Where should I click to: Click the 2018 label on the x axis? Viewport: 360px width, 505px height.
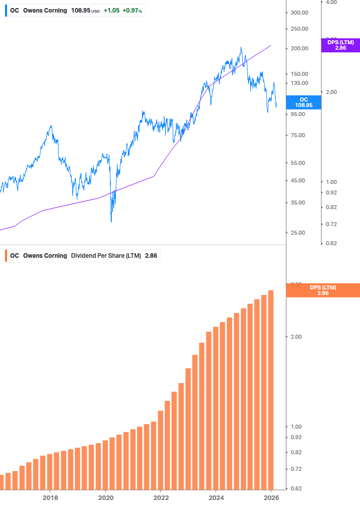tap(50, 497)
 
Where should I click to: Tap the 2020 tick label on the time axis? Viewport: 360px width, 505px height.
tap(105, 497)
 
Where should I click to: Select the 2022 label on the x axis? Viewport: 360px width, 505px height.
tap(161, 497)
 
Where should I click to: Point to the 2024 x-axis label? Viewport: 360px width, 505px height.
tap(216, 497)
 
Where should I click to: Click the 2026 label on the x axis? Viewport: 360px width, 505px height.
tap(271, 497)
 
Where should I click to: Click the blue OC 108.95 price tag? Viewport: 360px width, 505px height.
tap(303, 103)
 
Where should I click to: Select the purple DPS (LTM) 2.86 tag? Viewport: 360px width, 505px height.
tap(340, 45)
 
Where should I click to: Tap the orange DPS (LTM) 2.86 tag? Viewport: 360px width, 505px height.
tap(323, 290)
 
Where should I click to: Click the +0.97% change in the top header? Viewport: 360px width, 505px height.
tap(132, 11)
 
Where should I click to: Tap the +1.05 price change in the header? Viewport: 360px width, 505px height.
tap(111, 11)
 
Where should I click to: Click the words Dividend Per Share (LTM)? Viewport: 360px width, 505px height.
tap(106, 256)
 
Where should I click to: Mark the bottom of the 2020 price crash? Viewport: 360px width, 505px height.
tap(111, 221)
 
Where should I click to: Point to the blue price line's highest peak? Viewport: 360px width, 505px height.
tap(241, 48)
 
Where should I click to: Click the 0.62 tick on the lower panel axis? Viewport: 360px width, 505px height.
tap(296, 488)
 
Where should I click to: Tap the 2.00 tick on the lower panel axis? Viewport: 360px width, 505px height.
tap(296, 337)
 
